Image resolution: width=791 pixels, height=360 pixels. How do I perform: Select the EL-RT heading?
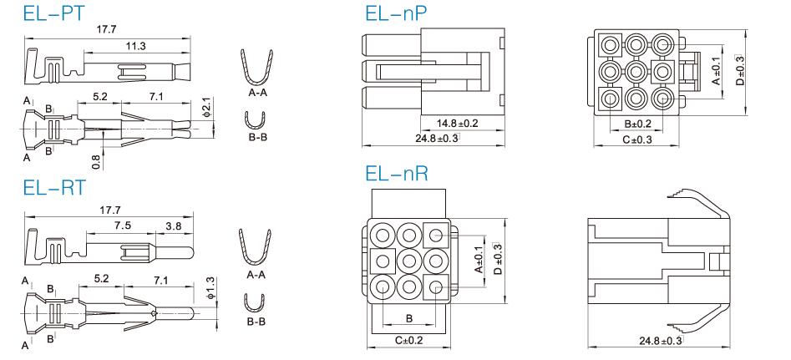tap(54, 187)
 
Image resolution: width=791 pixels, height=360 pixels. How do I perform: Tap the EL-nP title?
tap(396, 13)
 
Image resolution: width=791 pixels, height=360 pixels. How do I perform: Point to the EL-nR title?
tap(397, 174)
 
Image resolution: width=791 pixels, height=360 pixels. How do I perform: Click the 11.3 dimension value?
tap(135, 46)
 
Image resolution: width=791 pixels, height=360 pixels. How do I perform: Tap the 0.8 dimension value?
tap(96, 161)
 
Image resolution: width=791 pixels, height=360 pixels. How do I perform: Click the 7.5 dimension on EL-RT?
tap(122, 226)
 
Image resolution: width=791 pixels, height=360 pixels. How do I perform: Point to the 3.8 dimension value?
tap(174, 226)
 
